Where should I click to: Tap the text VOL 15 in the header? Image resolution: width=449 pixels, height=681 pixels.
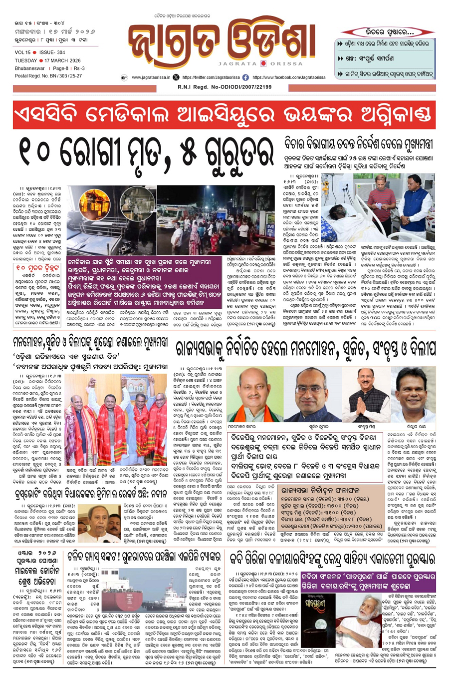click(x=22, y=52)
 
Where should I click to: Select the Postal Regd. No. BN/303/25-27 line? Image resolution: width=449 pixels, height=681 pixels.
click(x=48, y=76)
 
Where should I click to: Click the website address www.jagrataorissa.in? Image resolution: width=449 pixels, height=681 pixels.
click(x=151, y=78)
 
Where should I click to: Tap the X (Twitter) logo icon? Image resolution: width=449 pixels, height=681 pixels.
click(x=176, y=78)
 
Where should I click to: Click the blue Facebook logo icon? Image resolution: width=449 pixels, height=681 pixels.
click(x=245, y=78)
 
